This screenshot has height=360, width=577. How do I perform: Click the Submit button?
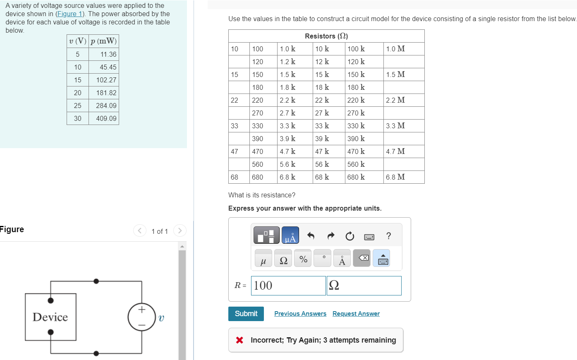pyautogui.click(x=246, y=314)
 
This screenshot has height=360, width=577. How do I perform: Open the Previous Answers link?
pyautogui.click(x=300, y=314)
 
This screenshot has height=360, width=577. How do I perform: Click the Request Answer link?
pyautogui.click(x=356, y=314)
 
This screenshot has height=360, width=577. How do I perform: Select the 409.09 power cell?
pyautogui.click(x=106, y=118)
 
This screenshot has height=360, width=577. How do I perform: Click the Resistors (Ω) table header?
pyautogui.click(x=326, y=36)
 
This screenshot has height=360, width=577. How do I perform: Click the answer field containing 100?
pyautogui.click(x=288, y=286)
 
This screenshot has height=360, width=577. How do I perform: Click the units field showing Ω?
pyautogui.click(x=364, y=286)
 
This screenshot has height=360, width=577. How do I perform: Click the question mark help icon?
pyautogui.click(x=388, y=236)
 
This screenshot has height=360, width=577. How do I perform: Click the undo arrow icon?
pyautogui.click(x=311, y=236)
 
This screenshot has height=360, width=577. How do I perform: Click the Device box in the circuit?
pyautogui.click(x=50, y=317)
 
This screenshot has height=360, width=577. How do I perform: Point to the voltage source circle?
pyautogui.click(x=141, y=317)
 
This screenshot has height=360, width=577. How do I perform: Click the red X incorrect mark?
pyautogui.click(x=239, y=340)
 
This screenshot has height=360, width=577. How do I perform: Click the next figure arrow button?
pyautogui.click(x=180, y=230)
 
